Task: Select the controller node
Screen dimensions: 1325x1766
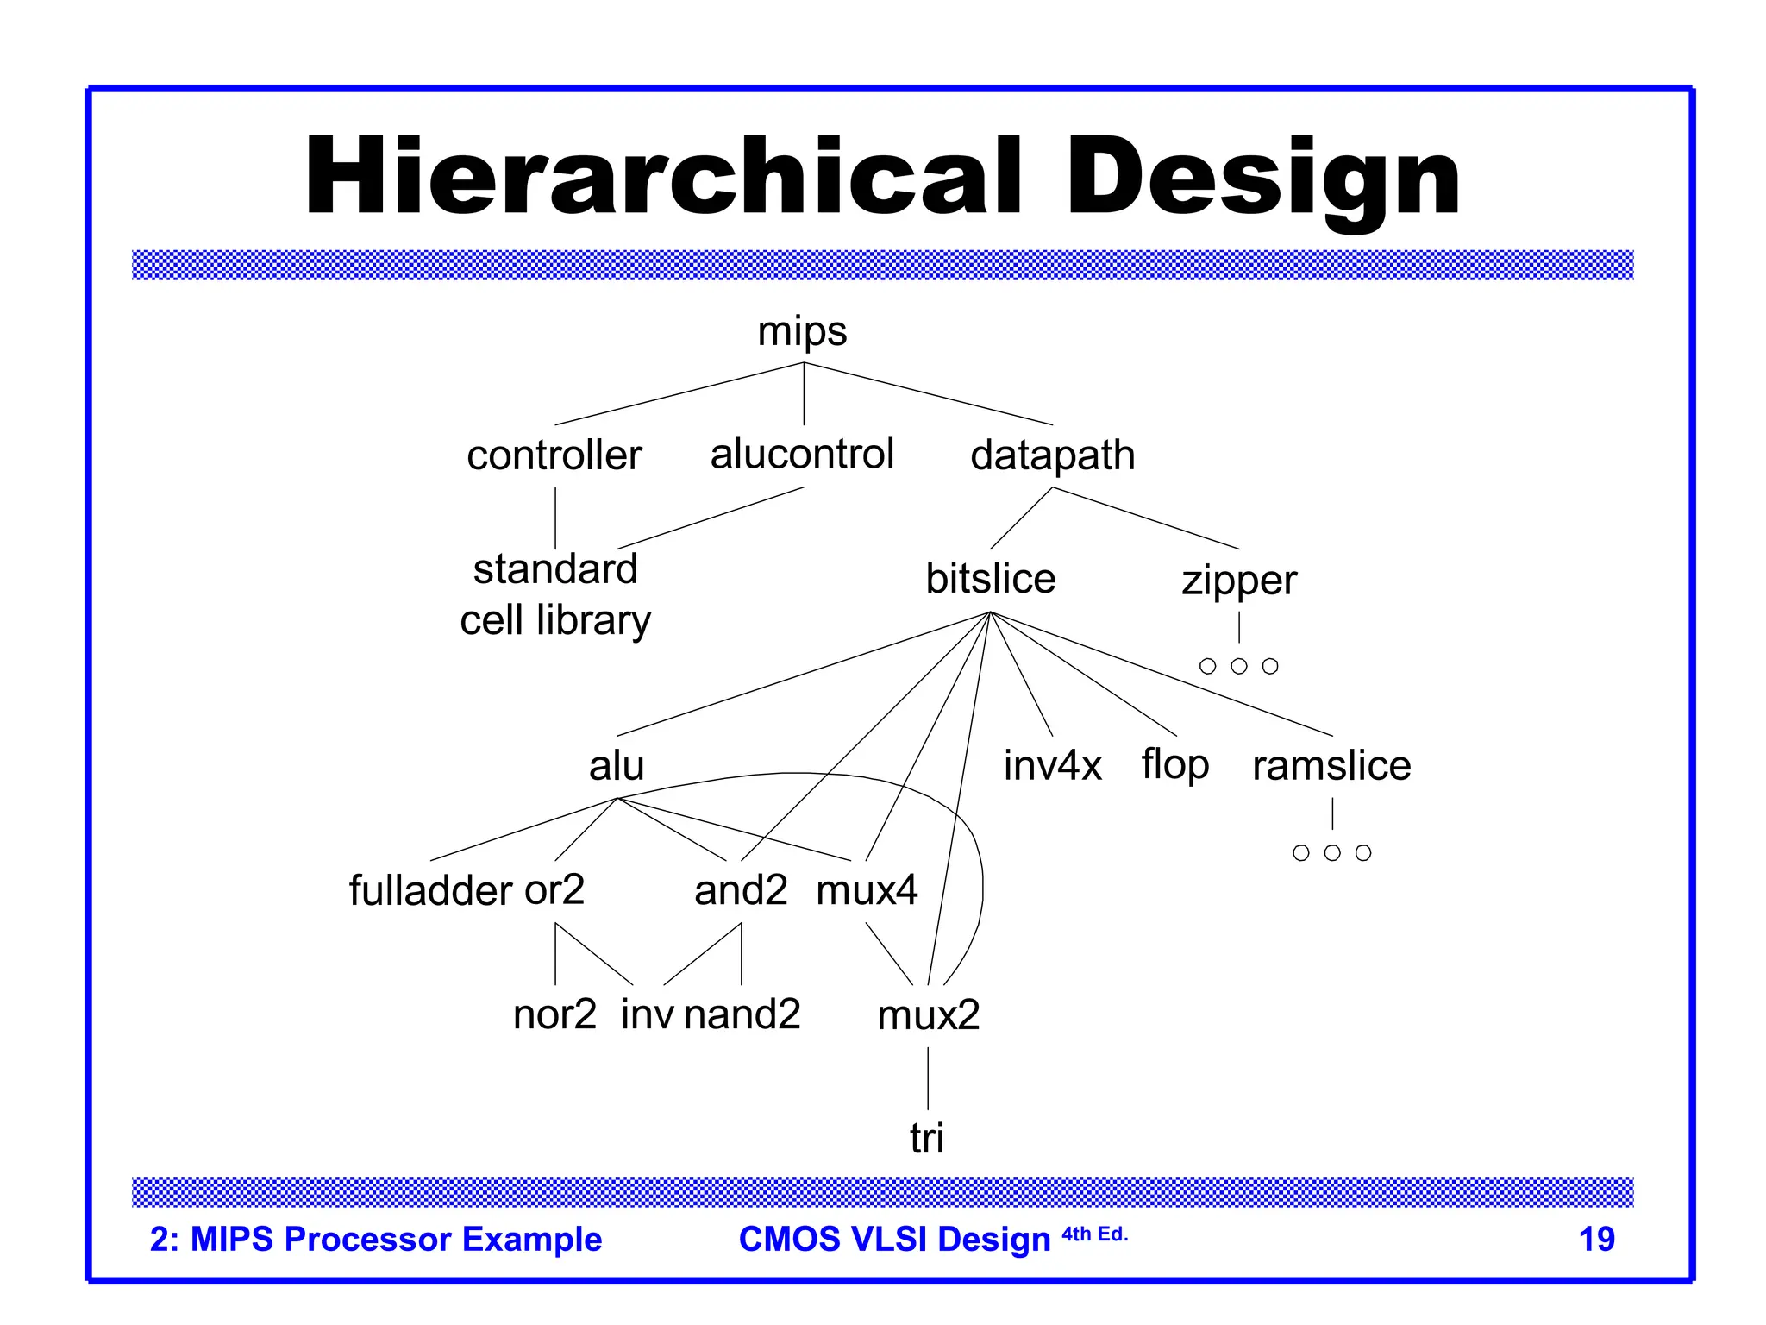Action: pyautogui.click(x=554, y=455)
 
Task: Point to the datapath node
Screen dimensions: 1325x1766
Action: pyautogui.click(x=1052, y=455)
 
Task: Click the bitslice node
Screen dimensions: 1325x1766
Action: pyautogui.click(x=990, y=579)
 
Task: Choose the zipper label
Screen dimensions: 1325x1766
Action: pyautogui.click(x=1238, y=581)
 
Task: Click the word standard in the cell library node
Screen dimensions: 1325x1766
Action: pyautogui.click(x=555, y=569)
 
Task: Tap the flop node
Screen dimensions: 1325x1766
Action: pyautogui.click(x=1175, y=765)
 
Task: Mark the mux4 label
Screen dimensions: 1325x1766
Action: pyautogui.click(x=867, y=890)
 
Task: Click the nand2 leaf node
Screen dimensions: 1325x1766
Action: pyautogui.click(x=742, y=1014)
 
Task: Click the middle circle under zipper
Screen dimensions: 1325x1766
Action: pyautogui.click(x=1239, y=666)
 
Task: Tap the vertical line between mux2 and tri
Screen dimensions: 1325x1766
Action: pyautogui.click(x=928, y=1078)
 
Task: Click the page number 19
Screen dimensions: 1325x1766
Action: pyautogui.click(x=1596, y=1240)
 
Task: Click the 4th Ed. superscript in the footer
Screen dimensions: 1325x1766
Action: pyautogui.click(x=1094, y=1234)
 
